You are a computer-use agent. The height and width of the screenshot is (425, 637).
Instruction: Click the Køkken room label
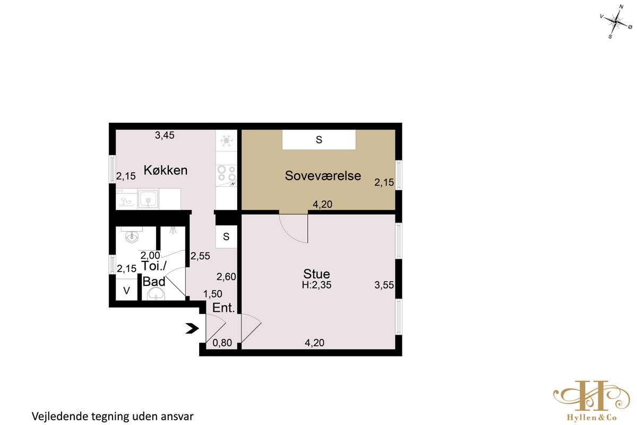point(166,170)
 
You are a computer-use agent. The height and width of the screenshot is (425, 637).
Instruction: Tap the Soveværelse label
point(323,176)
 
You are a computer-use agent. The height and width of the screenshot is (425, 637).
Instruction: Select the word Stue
point(316,274)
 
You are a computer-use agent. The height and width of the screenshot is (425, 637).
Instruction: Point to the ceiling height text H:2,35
point(316,285)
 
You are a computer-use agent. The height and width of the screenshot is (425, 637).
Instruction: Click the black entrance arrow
point(192,328)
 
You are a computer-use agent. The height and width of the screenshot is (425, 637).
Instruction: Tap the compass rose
point(615,22)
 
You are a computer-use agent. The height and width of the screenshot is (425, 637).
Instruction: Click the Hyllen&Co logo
point(591,401)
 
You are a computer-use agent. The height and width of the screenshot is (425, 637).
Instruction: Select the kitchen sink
point(148,199)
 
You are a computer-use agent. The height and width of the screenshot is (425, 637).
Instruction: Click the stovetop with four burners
point(226,174)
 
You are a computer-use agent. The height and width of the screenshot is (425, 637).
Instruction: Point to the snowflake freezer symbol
point(226,141)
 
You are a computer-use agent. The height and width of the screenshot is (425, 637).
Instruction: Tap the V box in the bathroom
point(126,290)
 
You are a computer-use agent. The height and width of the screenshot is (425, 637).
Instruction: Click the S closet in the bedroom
point(319,140)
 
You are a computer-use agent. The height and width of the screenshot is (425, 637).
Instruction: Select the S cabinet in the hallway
point(226,236)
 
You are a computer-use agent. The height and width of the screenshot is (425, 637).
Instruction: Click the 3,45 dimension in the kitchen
point(165,135)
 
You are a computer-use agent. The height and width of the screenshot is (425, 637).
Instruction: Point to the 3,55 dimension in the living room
point(384,285)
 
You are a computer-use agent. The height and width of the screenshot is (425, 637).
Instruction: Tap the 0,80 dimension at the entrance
point(222,343)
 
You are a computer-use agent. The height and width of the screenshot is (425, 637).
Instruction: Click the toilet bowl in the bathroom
point(156,294)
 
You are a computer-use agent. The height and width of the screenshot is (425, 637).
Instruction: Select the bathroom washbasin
point(132,236)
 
